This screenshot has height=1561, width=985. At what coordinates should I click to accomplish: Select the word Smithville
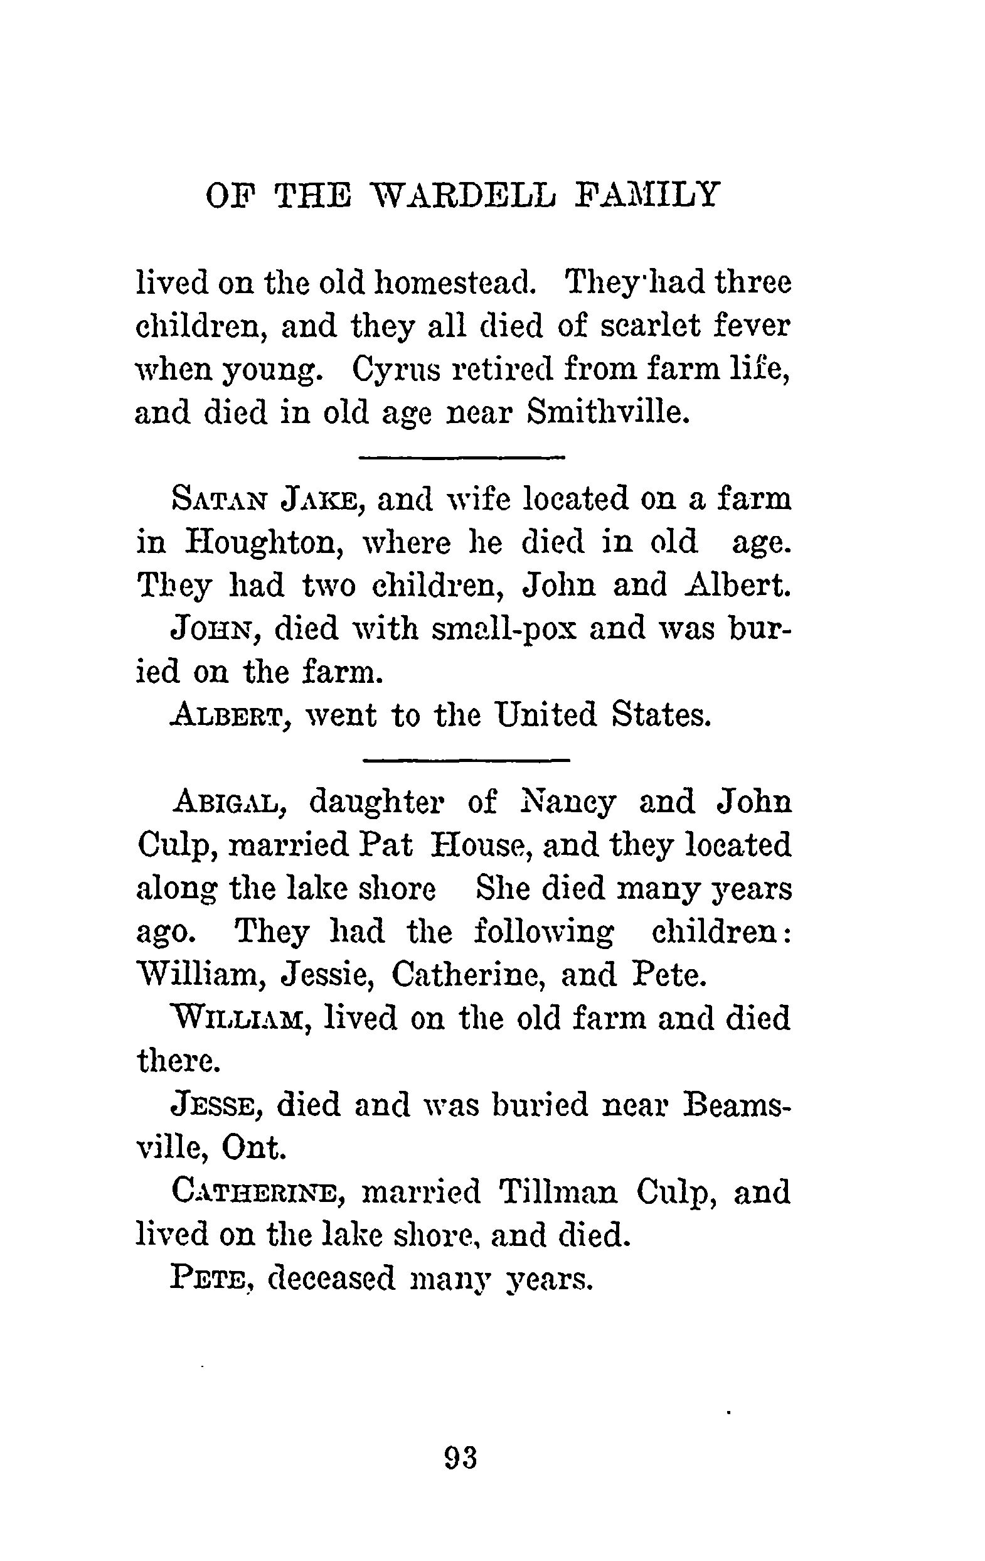pyautogui.click(x=606, y=412)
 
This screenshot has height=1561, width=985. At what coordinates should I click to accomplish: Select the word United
pyautogui.click(x=545, y=715)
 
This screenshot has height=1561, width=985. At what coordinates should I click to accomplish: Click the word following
pyautogui.click(x=544, y=932)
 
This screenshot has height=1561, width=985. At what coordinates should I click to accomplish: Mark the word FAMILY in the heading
pyautogui.click(x=647, y=195)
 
